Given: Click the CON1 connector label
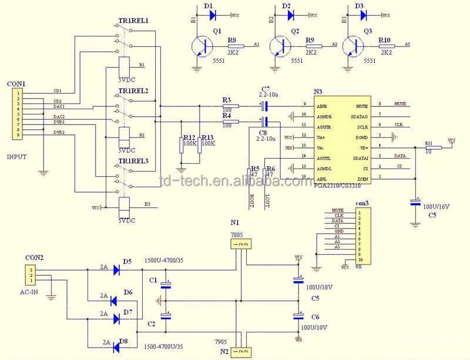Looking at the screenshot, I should tap(16, 84).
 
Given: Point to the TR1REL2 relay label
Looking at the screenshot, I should tap(133, 91).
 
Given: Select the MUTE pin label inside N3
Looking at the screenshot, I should tap(362, 106).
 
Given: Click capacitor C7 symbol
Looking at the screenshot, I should tap(265, 106).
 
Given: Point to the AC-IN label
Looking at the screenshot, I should tap(34, 291).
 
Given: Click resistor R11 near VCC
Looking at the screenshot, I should tap(434, 147).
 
